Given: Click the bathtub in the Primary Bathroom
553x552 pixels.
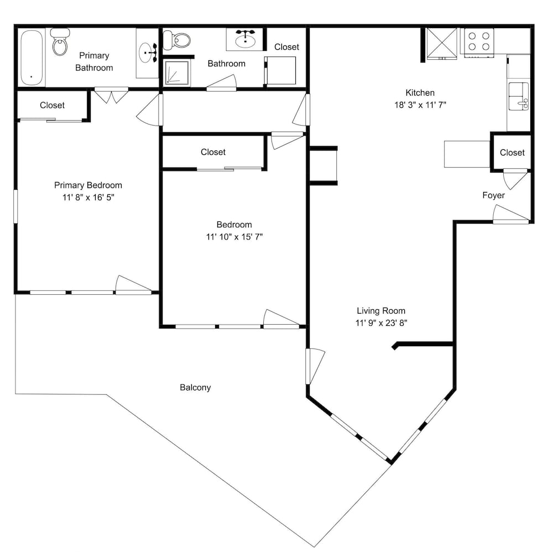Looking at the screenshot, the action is tap(32, 58).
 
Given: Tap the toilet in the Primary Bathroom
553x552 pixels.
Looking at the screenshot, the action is tap(60, 42).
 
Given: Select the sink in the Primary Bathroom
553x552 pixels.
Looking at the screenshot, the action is tap(148, 53).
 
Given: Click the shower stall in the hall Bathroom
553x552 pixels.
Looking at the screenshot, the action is tap(177, 72).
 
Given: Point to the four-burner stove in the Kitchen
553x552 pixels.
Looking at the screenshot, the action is tap(479, 43).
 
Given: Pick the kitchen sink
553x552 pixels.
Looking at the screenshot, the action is tap(518, 96).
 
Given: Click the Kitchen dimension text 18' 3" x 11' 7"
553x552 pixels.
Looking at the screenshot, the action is tap(420, 105).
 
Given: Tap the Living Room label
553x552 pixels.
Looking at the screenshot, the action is tap(381, 311).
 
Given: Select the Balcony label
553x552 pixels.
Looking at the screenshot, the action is tap(195, 387).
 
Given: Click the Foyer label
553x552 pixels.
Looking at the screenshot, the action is tap(493, 195).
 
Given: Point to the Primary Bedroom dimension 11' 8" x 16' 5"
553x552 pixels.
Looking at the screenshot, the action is tap(88, 197).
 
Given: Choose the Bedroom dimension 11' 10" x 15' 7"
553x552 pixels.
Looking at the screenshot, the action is tap(234, 237).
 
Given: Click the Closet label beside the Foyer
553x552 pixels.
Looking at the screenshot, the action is tap(512, 152).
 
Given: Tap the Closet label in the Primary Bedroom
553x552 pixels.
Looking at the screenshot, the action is tap(52, 105).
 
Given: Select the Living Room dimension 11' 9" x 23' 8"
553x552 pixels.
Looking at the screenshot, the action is tap(381, 322).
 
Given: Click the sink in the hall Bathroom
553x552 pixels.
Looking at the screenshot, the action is tap(246, 39).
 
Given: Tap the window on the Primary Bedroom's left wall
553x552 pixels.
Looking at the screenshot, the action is tap(15, 206).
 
